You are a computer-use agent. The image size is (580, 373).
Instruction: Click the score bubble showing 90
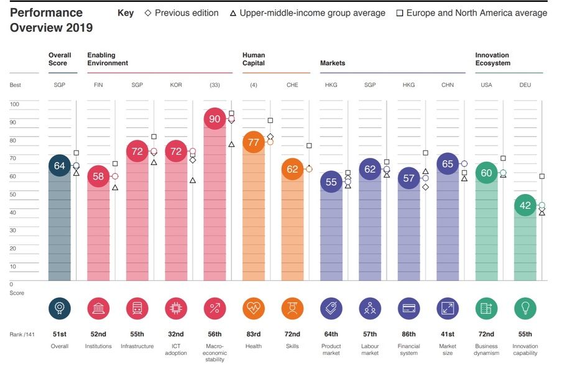(x=215, y=119)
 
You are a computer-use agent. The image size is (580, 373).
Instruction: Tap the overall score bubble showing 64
(x=60, y=166)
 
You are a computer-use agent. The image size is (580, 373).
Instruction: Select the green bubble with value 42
(x=525, y=205)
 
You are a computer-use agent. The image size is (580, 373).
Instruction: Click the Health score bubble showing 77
(x=254, y=142)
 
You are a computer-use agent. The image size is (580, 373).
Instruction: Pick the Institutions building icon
(x=98, y=308)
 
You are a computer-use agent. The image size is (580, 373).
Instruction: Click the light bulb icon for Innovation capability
(x=525, y=308)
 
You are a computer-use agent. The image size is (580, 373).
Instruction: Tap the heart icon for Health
(x=254, y=308)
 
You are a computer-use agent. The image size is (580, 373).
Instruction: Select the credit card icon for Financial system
(x=409, y=308)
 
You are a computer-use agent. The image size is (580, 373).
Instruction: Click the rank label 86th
(x=409, y=334)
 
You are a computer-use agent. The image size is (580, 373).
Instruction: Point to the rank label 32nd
(x=176, y=334)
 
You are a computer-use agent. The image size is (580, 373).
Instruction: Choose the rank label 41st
(x=448, y=334)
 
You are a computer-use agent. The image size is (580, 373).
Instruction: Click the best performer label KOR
(x=176, y=85)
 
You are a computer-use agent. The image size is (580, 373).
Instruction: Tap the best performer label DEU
(x=525, y=85)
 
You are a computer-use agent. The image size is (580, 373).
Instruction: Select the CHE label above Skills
(x=293, y=85)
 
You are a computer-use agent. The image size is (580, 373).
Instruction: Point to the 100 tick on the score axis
(x=15, y=104)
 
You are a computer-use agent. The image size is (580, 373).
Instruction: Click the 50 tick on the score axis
(x=14, y=195)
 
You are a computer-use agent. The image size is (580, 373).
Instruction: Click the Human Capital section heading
(x=254, y=59)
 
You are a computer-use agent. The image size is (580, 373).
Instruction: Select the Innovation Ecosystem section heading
(x=492, y=59)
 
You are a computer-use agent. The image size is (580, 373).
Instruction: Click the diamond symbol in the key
(x=148, y=13)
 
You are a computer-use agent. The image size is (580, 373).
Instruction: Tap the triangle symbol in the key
(x=232, y=13)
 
